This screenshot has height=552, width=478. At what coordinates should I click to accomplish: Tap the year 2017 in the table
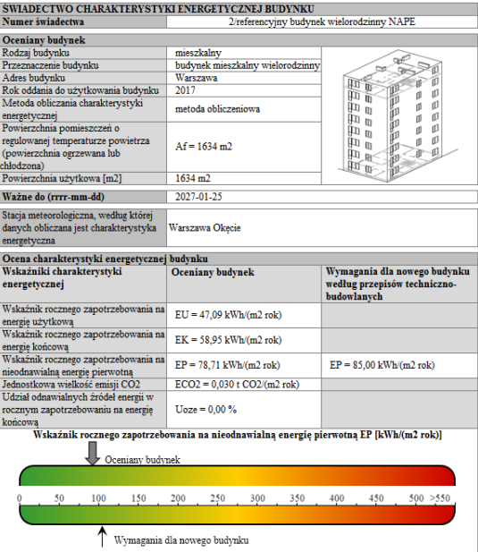click(185, 90)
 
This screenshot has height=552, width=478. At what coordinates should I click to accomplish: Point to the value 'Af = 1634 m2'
click(203, 146)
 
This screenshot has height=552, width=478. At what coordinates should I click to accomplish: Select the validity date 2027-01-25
click(202, 195)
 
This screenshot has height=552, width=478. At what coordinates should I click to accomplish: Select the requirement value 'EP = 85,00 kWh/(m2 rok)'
click(383, 365)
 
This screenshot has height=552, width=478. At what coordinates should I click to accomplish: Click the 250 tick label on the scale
click(217, 498)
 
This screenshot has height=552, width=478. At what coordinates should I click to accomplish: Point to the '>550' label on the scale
click(440, 498)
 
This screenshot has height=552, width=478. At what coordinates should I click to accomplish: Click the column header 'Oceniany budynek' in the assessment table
click(214, 272)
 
